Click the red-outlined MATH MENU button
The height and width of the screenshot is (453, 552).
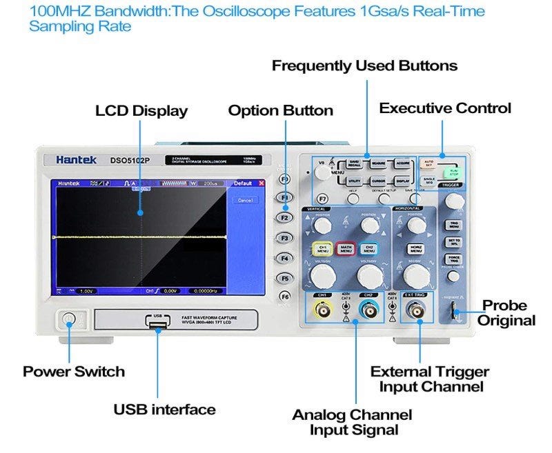346,249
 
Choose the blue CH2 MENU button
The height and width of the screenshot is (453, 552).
369,249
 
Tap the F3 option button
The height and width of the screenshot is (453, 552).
284,237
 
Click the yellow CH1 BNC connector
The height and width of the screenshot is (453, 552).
322,312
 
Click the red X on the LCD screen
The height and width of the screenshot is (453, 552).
262,184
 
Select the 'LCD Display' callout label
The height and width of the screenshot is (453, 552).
141,111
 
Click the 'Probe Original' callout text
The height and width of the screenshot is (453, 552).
508,312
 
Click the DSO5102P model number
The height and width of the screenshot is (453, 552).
130,160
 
